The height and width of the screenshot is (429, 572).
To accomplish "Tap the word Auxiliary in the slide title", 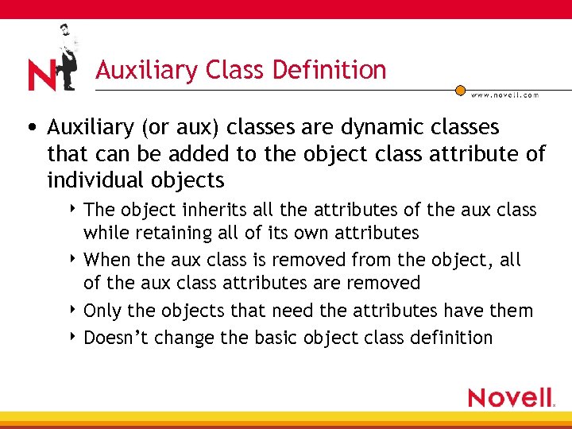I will coord(146,70).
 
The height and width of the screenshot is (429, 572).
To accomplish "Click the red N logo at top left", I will coord(41,75).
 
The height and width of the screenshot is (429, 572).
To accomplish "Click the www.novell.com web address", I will coord(504,95).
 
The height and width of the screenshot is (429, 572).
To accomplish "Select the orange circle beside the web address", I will coord(461,91).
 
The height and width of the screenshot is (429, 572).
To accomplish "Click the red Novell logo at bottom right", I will coord(510,397).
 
